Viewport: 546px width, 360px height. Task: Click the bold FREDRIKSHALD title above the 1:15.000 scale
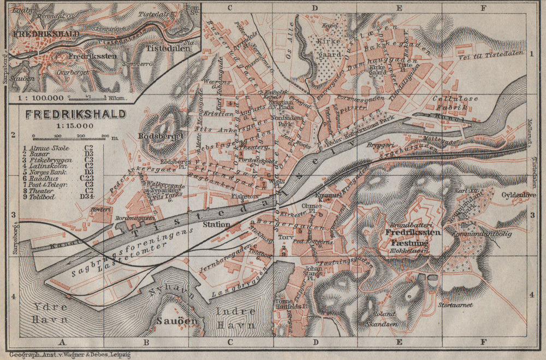point(76,115)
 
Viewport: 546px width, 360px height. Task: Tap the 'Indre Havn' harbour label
point(236,318)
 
